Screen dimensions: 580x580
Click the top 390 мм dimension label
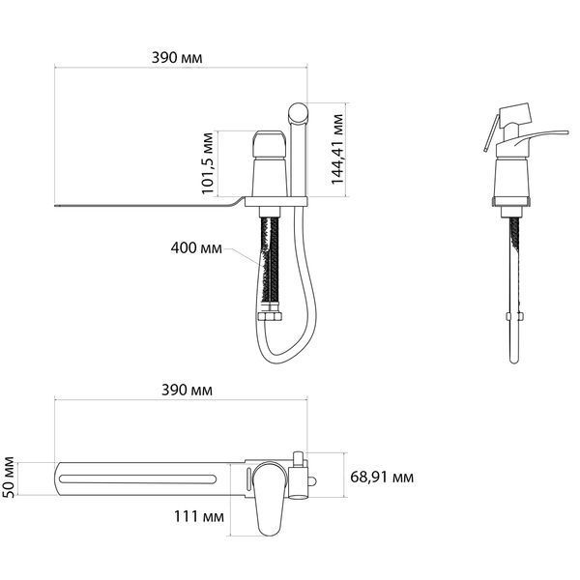click(x=177, y=58)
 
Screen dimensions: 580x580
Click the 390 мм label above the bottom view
click(x=187, y=391)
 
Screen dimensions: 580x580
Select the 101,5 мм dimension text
click(x=208, y=163)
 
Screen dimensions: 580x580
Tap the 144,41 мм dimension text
click(x=337, y=150)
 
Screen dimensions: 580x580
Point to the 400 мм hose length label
click(x=196, y=247)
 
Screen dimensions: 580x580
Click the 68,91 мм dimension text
click(x=382, y=478)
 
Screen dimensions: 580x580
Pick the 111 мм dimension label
click(x=199, y=516)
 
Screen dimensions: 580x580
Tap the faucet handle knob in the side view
click(x=270, y=144)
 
